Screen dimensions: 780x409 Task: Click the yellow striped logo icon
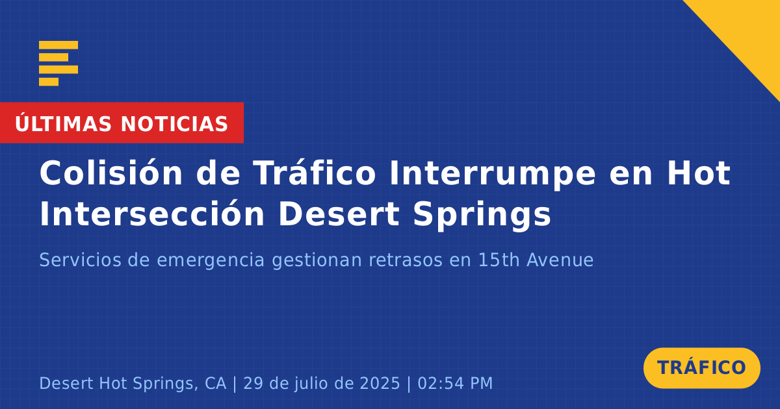[58, 64]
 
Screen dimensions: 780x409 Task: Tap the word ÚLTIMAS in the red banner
[63, 123]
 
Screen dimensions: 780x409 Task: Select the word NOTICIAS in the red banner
[174, 124]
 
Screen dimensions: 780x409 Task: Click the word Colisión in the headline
[110, 173]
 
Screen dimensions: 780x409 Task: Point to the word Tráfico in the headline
[314, 173]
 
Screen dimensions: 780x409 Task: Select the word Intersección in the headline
[152, 214]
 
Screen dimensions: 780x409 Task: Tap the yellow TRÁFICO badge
[701, 368]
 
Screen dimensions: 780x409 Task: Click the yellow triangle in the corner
[749, 31]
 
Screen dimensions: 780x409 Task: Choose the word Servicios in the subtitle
[80, 260]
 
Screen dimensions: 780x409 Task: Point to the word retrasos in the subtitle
[406, 260]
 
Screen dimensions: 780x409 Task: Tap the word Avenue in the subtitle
[560, 260]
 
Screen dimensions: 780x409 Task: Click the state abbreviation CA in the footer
[216, 383]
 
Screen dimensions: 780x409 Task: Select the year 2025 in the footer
[380, 383]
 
